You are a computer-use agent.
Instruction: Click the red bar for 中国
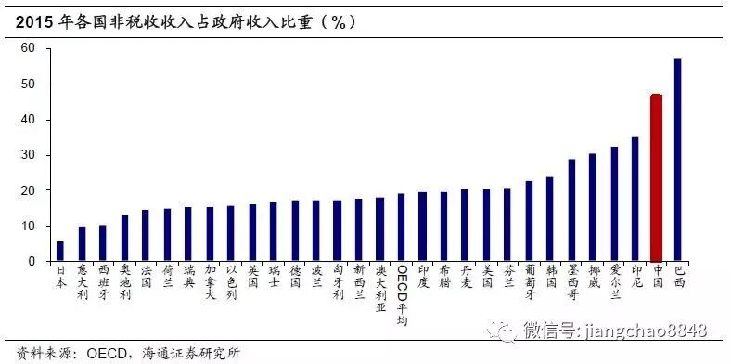coord(656,177)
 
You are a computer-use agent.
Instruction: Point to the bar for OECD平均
coord(402,227)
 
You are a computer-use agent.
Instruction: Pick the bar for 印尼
coord(635,199)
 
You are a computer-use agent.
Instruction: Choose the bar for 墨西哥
coord(571,210)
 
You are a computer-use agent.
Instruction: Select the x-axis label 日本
coord(60,278)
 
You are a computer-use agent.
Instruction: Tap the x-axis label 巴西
coord(678,278)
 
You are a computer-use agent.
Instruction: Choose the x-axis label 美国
coord(487,278)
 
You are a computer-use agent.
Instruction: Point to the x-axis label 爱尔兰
coord(614,283)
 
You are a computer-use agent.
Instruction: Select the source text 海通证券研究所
coord(196,352)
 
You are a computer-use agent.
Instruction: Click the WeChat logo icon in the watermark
coord(508,330)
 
